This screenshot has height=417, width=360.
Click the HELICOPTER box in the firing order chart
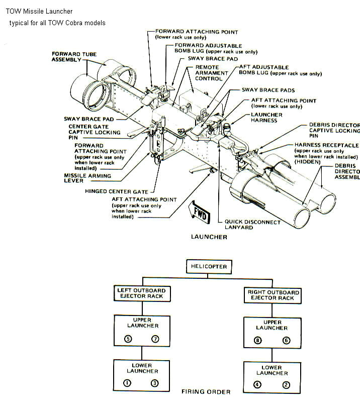[x=209, y=266]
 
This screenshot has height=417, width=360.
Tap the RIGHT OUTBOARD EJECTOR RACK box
[x=274, y=295]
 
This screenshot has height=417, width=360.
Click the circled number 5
[x=129, y=339]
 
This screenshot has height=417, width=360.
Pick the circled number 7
[x=155, y=339]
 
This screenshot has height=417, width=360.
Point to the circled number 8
[x=258, y=341]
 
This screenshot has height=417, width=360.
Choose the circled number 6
[x=286, y=341]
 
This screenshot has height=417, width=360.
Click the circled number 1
[x=128, y=383]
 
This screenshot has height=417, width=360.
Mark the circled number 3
[x=155, y=383]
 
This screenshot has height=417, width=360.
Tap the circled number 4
[x=257, y=385]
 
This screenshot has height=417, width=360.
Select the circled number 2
[x=286, y=385]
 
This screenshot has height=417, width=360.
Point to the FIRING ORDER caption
[x=206, y=392]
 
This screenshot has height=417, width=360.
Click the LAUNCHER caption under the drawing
[x=209, y=237]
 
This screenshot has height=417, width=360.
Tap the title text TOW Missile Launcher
[x=39, y=11]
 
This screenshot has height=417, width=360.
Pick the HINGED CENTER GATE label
[x=117, y=191]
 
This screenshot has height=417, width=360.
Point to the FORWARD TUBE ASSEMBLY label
[x=74, y=57]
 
